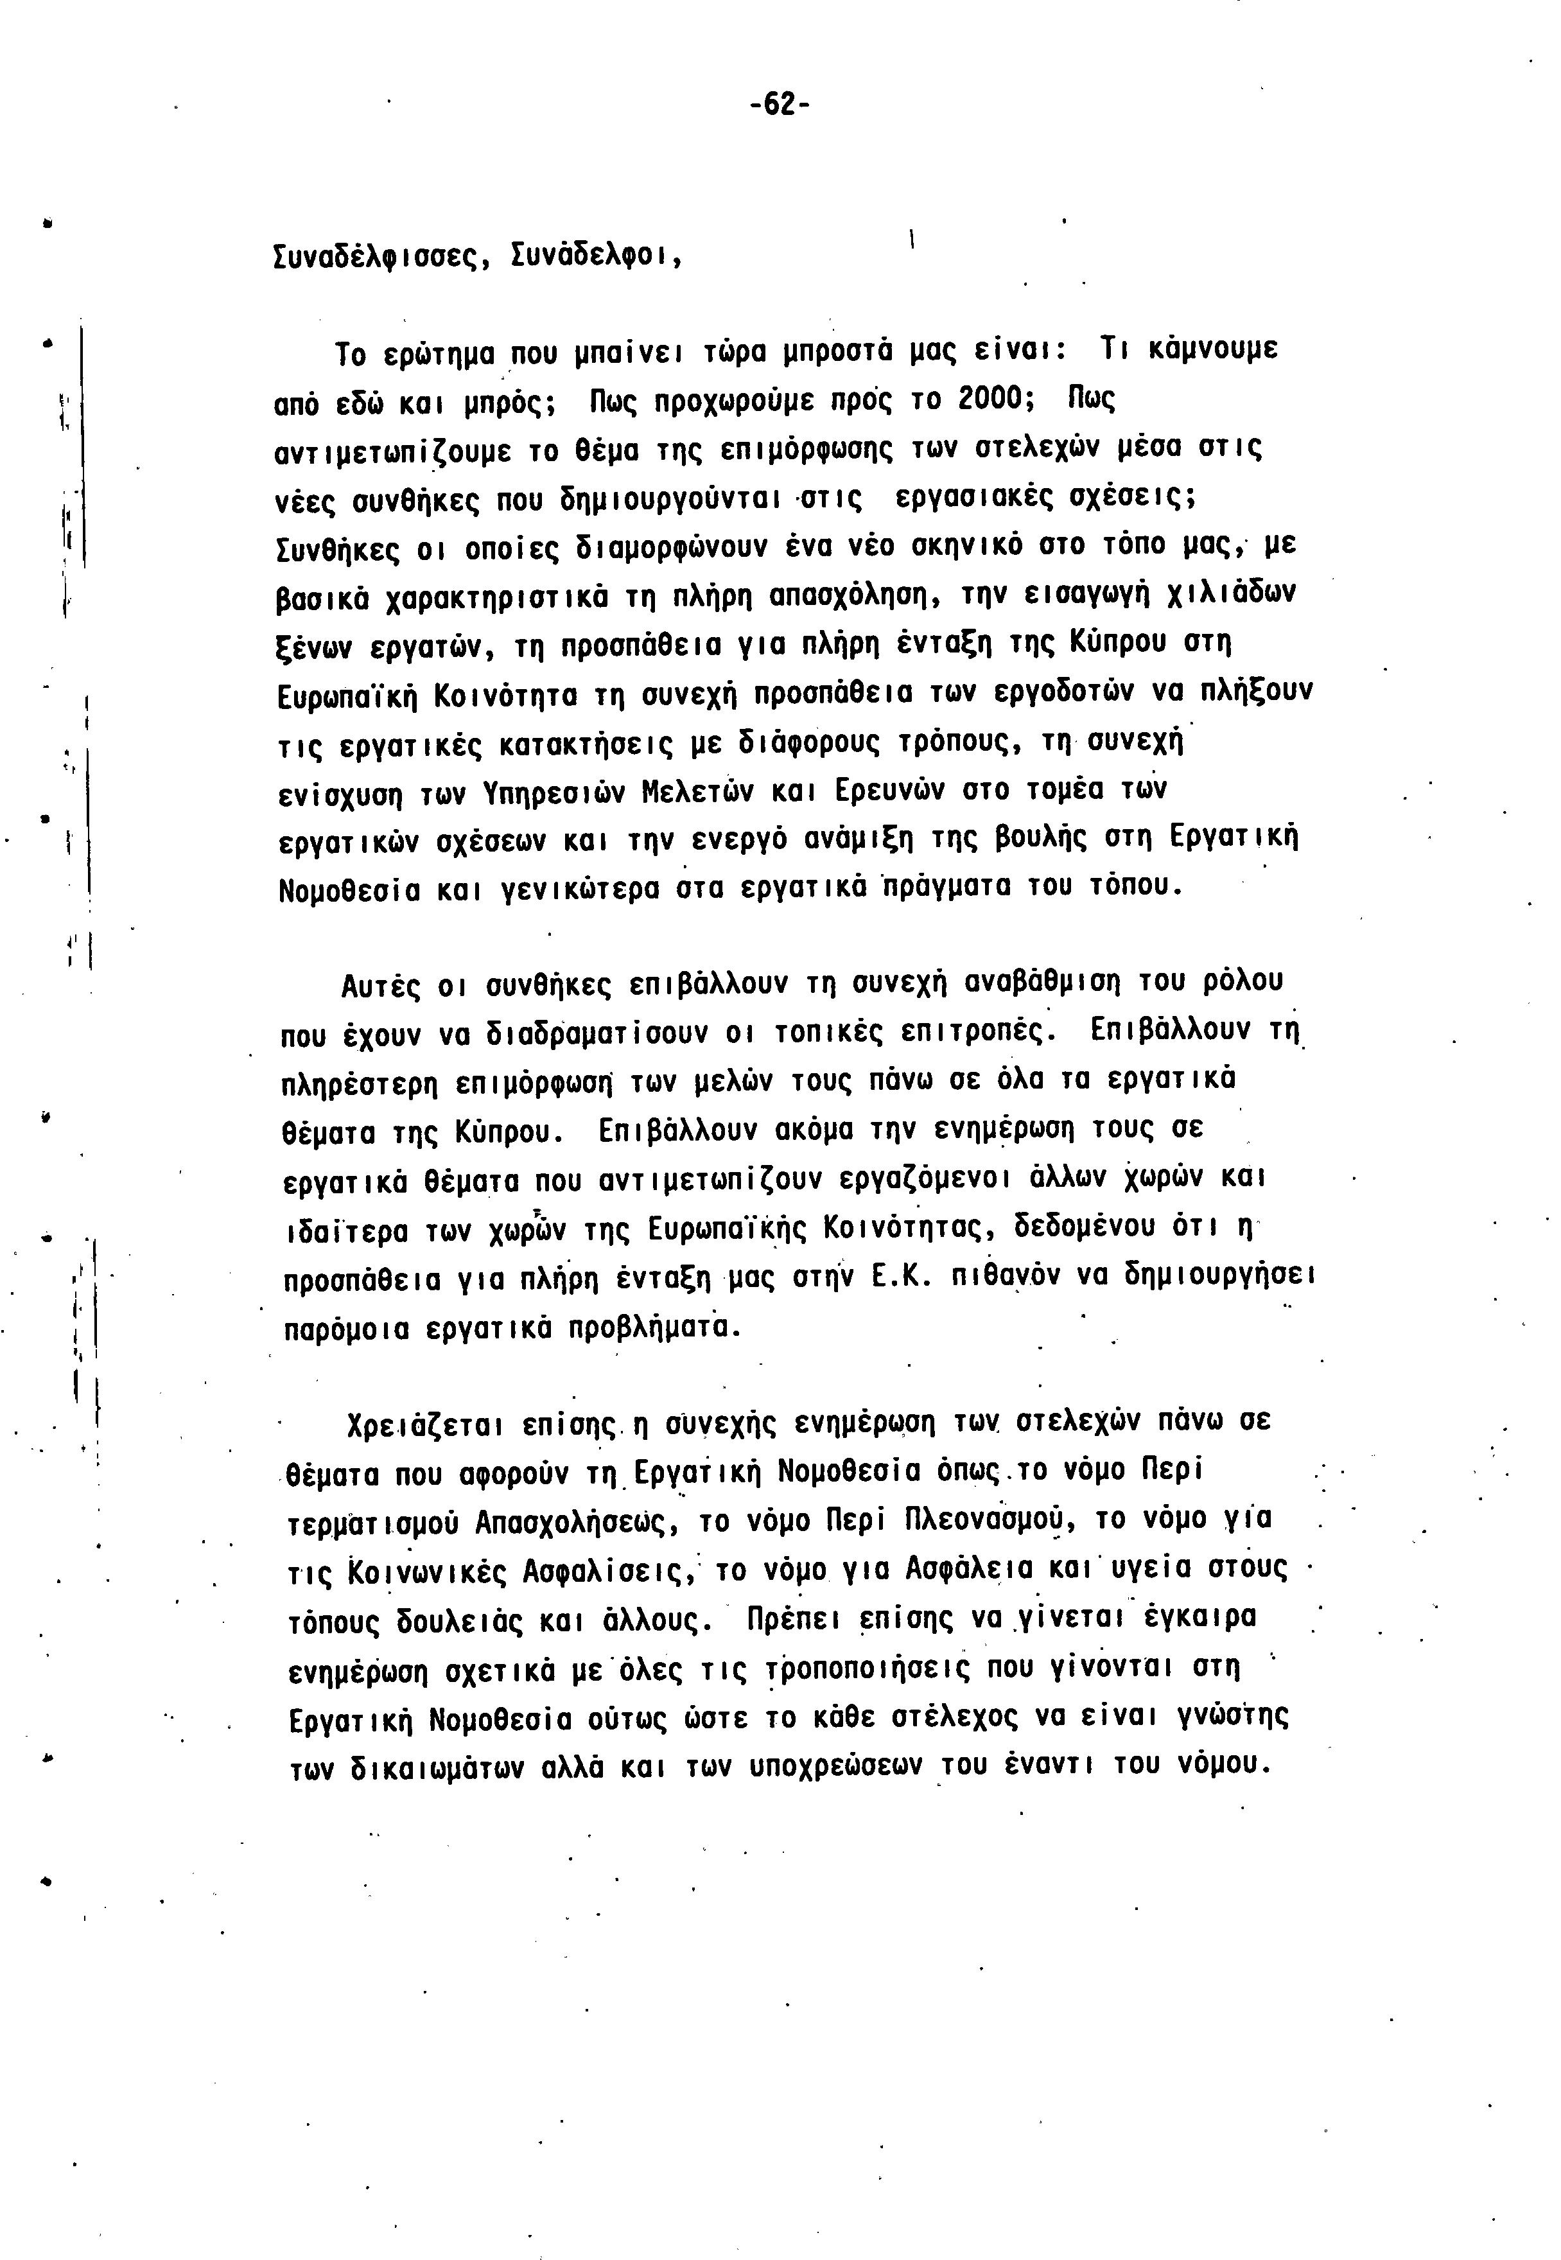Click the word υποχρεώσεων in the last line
[x=817, y=1768]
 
